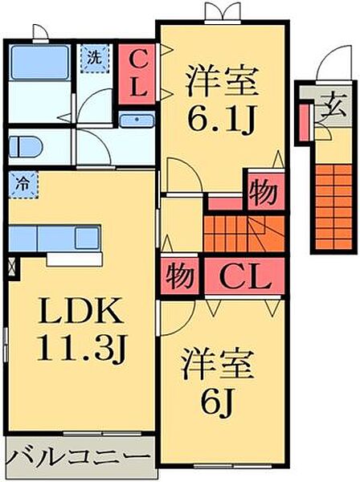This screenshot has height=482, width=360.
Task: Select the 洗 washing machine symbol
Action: [94, 59]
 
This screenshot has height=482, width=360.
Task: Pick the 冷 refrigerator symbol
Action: [23, 185]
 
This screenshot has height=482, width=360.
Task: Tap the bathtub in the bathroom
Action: [39, 63]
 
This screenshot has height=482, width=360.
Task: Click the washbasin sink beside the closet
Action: [137, 120]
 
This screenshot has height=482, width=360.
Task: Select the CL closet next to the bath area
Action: [137, 75]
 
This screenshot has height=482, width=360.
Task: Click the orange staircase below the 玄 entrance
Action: [333, 206]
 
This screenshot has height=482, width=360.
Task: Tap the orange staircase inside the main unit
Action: [243, 235]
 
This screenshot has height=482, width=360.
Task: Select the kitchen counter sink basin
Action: [88, 238]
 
